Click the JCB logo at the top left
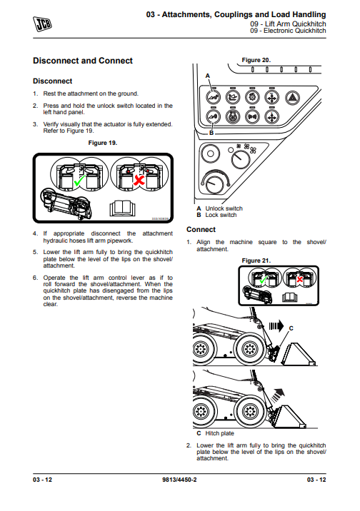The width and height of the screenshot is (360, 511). (42, 24)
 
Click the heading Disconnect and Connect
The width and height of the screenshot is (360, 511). (83, 61)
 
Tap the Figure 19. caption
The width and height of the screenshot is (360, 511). (103, 143)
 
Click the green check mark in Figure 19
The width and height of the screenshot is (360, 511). (79, 181)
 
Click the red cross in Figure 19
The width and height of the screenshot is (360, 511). (139, 180)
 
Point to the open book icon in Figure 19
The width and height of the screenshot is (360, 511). (122, 208)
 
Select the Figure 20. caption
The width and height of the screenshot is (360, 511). (256, 60)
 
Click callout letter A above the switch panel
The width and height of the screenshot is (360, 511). (208, 76)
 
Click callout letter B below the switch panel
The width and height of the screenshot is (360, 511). (211, 133)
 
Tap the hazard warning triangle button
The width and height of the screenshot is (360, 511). (292, 98)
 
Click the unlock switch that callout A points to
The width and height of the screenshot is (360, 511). (214, 97)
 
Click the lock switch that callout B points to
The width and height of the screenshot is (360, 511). (214, 116)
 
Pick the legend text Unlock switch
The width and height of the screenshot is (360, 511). (224, 208)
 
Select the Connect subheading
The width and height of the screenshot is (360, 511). (201, 229)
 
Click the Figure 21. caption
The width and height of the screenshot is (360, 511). (256, 260)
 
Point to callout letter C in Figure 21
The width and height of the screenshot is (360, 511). (291, 328)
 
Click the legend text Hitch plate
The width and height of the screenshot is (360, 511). (219, 433)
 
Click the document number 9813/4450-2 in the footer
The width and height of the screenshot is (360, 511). (179, 480)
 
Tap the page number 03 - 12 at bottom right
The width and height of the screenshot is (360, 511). (316, 480)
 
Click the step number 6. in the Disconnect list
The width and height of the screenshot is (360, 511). (36, 278)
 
